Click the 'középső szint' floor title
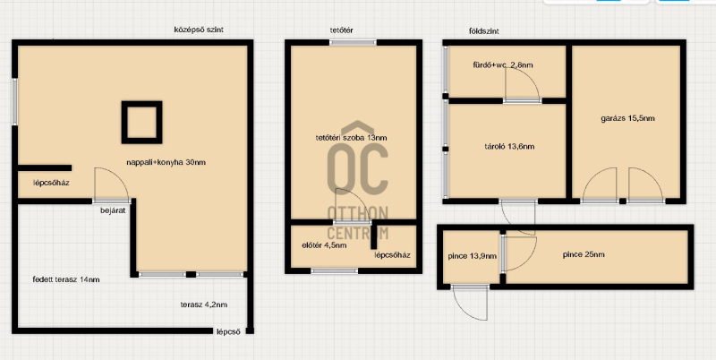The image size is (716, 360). click(199, 30)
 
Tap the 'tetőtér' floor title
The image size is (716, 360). click(342, 30)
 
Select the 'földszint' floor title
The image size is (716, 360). click(484, 31)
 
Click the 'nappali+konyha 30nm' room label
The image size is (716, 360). click(166, 162)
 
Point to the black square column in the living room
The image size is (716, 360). click(141, 123)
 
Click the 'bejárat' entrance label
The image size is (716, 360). click(113, 210)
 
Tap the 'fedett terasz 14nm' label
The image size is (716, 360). click(66, 279)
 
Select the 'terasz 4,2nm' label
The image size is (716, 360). click(204, 304)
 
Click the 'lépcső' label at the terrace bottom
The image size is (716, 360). click(228, 332)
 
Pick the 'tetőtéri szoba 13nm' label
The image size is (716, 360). click(352, 138)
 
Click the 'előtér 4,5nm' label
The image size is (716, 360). click(324, 245)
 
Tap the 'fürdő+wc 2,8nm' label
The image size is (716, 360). click(503, 64)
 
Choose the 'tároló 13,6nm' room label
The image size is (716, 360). click(509, 147)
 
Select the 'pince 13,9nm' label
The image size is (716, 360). click(473, 256)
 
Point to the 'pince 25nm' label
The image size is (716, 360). click(584, 254)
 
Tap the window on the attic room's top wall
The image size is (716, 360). click(353, 42)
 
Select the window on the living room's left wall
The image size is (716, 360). click(14, 102)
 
